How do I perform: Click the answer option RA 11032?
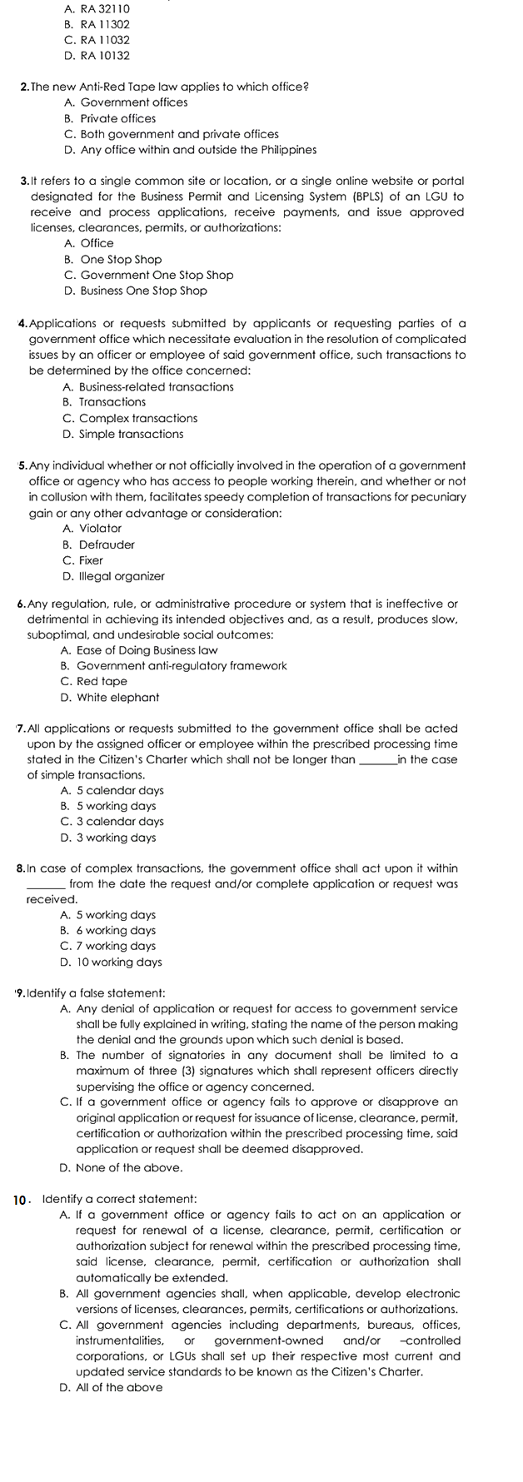(97, 40)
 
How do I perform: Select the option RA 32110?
(97, 8)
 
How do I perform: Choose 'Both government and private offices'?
(171, 134)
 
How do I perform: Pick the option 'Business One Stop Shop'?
(135, 291)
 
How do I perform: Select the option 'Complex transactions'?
(130, 418)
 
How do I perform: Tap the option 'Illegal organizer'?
(113, 576)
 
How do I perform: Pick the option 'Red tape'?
(94, 681)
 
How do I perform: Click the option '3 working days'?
(108, 838)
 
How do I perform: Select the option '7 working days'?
(108, 946)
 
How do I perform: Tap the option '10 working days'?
(112, 962)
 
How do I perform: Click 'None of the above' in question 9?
(122, 1167)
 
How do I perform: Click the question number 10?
(22, 1200)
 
